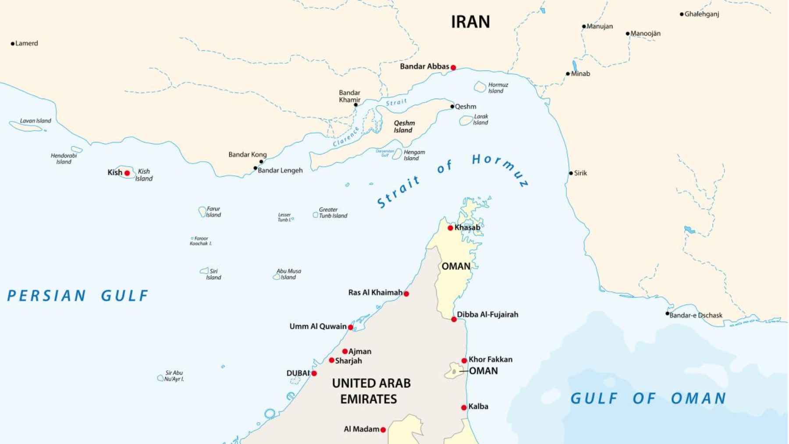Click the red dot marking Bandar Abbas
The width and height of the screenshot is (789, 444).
tap(453, 67)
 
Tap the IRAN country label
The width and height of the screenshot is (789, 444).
tap(470, 22)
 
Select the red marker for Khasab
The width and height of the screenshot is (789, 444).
tap(450, 228)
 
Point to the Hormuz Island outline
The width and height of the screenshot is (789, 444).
tap(480, 87)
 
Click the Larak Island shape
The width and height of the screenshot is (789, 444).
tap(466, 120)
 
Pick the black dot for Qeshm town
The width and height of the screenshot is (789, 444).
tap(452, 107)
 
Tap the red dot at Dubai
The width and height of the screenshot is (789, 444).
tap(314, 373)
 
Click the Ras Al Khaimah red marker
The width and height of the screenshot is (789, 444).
tap(406, 294)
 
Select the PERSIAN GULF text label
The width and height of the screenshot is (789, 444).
tap(78, 296)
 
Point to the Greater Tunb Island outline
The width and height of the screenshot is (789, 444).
tap(315, 215)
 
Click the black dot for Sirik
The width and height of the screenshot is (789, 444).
tap(571, 173)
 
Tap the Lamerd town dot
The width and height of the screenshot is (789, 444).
tap(13, 43)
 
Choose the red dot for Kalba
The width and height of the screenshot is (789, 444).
tap(464, 408)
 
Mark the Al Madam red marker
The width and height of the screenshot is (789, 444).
tap(383, 430)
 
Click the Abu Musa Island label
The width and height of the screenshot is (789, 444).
tap(288, 274)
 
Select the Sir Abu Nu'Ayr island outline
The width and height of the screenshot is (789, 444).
tap(160, 378)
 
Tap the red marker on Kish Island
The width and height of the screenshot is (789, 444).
tap(127, 173)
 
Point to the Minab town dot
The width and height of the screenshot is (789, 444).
tap(568, 74)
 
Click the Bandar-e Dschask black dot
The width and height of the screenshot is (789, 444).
tap(667, 313)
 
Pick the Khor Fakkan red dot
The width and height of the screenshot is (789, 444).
tap(464, 361)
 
